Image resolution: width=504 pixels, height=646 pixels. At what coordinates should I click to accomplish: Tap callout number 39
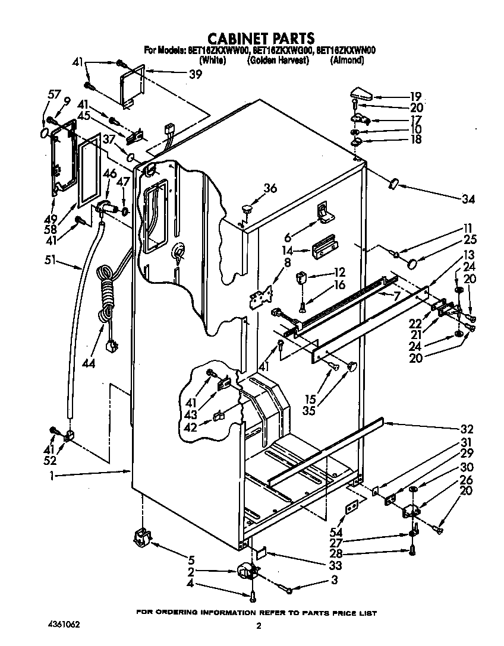coord(195,74)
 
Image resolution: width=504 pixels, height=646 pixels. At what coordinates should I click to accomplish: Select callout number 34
coord(468,199)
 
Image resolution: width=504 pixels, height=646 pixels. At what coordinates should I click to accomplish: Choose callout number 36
coord(270,188)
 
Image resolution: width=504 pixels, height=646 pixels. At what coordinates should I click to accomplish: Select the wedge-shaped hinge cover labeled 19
coord(361,94)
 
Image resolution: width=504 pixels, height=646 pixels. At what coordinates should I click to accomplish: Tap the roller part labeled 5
coord(141,539)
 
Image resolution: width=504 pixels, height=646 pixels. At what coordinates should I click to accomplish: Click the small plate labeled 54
coord(351,505)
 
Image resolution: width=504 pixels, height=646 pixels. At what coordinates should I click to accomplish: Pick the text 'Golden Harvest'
coord(278,60)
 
